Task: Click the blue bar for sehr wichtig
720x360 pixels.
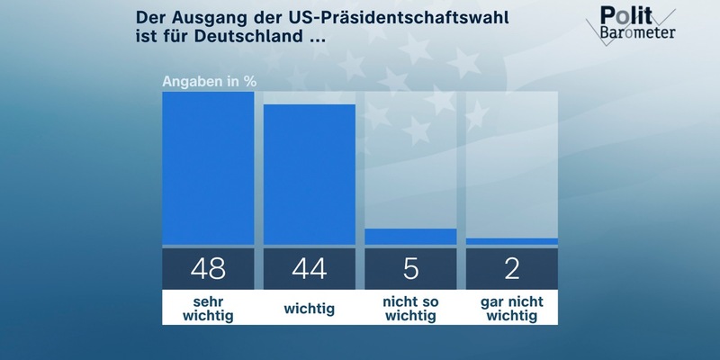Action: pyautogui.click(x=208, y=167)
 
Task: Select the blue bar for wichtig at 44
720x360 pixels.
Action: pyautogui.click(x=310, y=174)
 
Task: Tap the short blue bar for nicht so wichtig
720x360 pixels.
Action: pyautogui.click(x=410, y=236)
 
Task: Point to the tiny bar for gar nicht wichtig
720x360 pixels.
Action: pyautogui.click(x=512, y=241)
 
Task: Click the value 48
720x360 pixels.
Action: pyautogui.click(x=208, y=267)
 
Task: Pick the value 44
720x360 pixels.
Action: pyautogui.click(x=310, y=267)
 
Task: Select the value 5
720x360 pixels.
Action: pyautogui.click(x=410, y=267)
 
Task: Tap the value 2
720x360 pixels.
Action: pyautogui.click(x=512, y=267)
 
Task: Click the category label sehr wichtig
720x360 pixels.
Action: pyautogui.click(x=208, y=308)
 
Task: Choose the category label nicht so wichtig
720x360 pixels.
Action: pyautogui.click(x=410, y=308)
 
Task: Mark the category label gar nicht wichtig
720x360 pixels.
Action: pyautogui.click(x=512, y=308)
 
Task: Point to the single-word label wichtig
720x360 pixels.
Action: pyautogui.click(x=310, y=309)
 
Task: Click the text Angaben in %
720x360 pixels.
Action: pyautogui.click(x=210, y=81)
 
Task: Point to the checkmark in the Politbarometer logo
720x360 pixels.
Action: pyautogui.click(x=663, y=20)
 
